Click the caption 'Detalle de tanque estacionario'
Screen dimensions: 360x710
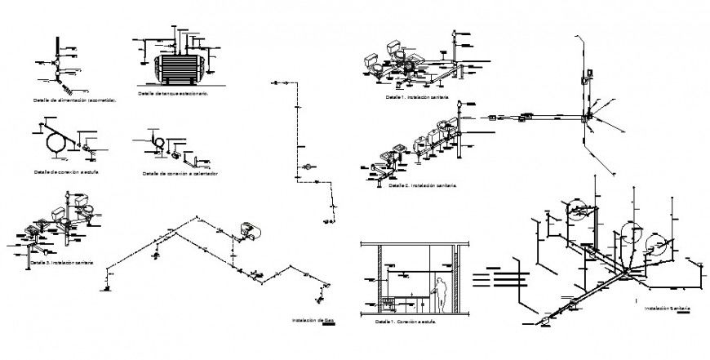[174, 95]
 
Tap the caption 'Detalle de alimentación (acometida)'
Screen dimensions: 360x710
[75, 100]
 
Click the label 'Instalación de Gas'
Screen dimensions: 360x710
[313, 320]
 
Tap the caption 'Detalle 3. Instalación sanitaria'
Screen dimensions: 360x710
[64, 263]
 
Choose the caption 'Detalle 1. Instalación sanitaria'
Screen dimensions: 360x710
[419, 97]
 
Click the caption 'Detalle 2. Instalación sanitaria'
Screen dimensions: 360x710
[423, 185]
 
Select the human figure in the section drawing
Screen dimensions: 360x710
[440, 295]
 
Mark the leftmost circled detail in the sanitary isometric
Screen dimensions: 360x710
[578, 211]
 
